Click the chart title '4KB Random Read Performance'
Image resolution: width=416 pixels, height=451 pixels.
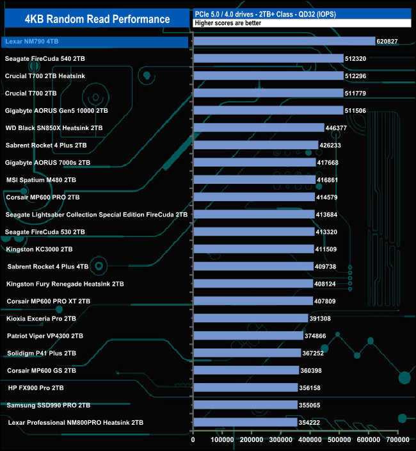(97, 19)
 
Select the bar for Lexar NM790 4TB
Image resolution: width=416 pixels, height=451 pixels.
(284, 41)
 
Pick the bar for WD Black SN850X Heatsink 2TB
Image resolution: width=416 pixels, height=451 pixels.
(259, 127)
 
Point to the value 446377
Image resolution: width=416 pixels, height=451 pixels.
(340, 128)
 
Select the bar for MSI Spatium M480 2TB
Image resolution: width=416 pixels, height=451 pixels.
(254, 180)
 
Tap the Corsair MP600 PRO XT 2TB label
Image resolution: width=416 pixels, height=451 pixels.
(49, 301)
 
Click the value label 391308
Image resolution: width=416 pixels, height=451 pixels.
(324, 318)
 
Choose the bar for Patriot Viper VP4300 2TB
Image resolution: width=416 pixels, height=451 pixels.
(248, 335)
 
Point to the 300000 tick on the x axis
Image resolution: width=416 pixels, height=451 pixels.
(281, 440)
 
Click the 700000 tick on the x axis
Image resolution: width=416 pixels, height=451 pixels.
(397, 440)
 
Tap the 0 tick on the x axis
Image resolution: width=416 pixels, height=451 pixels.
(193, 440)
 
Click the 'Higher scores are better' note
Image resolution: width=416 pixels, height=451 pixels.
(227, 23)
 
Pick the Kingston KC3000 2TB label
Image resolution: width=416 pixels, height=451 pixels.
(39, 249)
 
